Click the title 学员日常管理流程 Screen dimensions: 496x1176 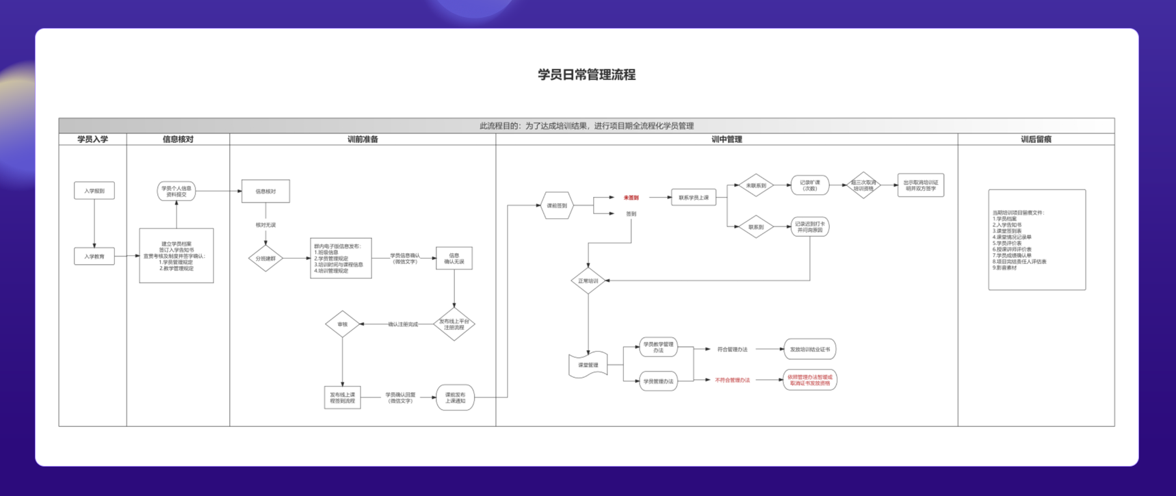pos(586,75)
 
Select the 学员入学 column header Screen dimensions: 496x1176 pos(92,139)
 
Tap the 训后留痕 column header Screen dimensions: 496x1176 pos(1036,139)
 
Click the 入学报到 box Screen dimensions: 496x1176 pos(94,191)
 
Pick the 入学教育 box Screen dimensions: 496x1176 pos(94,257)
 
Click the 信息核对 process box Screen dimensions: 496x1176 pos(265,192)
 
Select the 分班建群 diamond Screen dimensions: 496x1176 pos(265,259)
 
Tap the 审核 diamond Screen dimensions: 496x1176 pos(342,324)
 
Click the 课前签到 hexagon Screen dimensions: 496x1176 pos(557,205)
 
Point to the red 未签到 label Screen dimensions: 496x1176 pos(631,198)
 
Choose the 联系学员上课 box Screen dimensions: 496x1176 pos(694,198)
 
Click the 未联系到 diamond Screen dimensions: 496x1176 pos(756,185)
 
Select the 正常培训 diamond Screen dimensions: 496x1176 pos(588,280)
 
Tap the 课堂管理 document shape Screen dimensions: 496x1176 pos(588,365)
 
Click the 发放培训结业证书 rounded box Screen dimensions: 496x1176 pos(809,349)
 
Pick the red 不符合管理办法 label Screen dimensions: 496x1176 pos(732,380)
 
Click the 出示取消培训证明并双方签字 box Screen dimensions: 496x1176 pos(920,185)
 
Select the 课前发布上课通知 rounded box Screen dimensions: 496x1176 pos(455,397)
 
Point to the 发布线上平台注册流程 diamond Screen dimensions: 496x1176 pos(454,324)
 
